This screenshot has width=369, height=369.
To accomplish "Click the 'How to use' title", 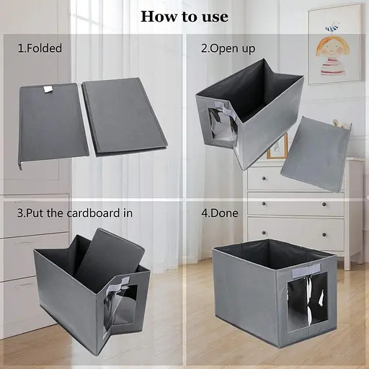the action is tap(184, 17).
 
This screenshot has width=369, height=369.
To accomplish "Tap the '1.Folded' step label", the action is tap(40, 48).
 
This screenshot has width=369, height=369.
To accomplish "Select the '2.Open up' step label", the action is tap(228, 48).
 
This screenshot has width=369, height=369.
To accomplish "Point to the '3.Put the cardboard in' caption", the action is tap(75, 213).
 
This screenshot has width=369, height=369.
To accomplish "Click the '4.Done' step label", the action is tap(220, 213).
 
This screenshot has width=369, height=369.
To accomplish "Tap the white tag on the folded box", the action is tap(49, 89).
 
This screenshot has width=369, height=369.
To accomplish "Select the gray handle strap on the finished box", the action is tap(306, 269).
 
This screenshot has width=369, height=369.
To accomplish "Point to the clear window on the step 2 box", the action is tap(222, 128).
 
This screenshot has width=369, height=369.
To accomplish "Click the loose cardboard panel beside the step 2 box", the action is tap(316, 154).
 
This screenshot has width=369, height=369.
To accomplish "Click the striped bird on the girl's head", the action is tap(332, 27).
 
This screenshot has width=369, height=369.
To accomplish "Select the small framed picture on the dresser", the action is tap(277, 146).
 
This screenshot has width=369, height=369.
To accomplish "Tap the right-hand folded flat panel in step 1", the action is tap(125, 117).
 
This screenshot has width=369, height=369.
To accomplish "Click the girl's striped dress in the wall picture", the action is tap(332, 66).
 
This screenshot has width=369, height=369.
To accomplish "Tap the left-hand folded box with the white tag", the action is tap(53, 124).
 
